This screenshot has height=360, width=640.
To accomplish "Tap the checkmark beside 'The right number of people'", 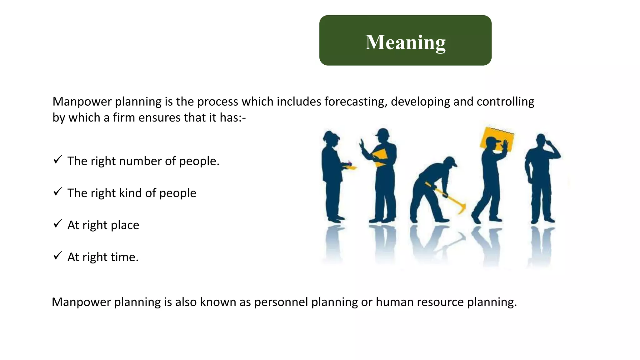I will point(58,160).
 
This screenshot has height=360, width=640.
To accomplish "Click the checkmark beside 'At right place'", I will point(58,223).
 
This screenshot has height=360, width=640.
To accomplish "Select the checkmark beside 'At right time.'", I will point(58,256).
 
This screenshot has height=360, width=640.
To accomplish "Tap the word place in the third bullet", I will point(125,225).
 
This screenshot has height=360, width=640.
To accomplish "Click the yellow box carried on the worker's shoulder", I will point(497,137).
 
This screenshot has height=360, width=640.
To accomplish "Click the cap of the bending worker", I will point(451,161).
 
